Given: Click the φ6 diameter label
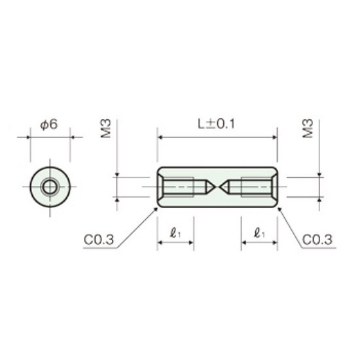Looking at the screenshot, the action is (x=49, y=124).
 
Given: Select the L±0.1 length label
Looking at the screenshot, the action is (x=217, y=124).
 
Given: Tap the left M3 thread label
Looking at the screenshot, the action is (x=106, y=128).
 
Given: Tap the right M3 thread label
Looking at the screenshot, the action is (x=308, y=128).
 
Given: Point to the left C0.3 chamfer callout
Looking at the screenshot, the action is (x=99, y=240).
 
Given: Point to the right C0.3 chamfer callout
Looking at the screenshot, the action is (x=317, y=240).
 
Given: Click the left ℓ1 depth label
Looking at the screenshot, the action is (x=175, y=234).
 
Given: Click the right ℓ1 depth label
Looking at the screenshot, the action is (x=259, y=234).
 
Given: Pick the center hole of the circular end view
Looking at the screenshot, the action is (x=50, y=187).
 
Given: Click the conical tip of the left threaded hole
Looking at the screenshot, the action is (x=215, y=187).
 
